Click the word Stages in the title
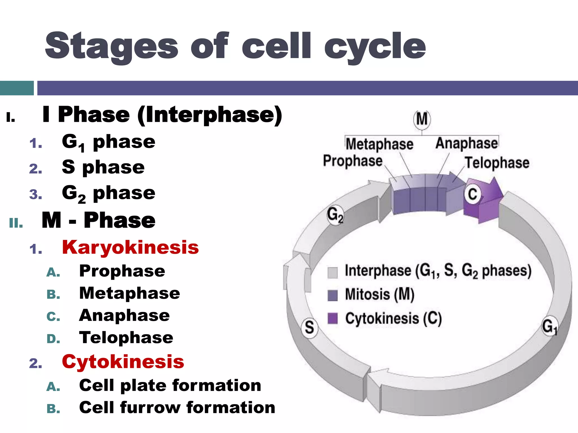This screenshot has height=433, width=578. pyautogui.click(x=111, y=47)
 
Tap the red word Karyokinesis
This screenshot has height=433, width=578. pyautogui.click(x=130, y=248)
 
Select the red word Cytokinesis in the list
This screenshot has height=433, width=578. pyautogui.click(x=123, y=362)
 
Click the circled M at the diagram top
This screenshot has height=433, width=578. pyautogui.click(x=422, y=119)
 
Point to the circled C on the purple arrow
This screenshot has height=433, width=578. pyautogui.click(x=472, y=194)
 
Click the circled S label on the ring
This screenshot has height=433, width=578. pyautogui.click(x=309, y=327)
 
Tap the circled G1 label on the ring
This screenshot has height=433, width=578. pyautogui.click(x=549, y=326)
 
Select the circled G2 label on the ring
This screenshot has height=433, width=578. pyautogui.click(x=335, y=215)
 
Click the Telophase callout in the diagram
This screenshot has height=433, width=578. pyautogui.click(x=497, y=163)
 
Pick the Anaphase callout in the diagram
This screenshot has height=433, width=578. pyautogui.click(x=467, y=143)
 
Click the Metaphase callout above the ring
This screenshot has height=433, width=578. pyautogui.click(x=379, y=144)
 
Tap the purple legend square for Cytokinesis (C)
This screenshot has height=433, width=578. pyautogui.click(x=332, y=319)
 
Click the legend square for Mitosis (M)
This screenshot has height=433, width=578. pyautogui.click(x=332, y=295)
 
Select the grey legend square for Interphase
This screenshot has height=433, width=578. pyautogui.click(x=332, y=272)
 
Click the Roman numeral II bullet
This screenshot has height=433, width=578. pyautogui.click(x=16, y=223)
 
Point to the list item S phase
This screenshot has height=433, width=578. pyautogui.click(x=103, y=167)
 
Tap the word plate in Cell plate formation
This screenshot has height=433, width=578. pyautogui.click(x=139, y=386)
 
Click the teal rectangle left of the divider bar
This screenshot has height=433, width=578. pyautogui.click(x=17, y=88)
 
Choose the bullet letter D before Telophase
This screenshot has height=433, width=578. pyautogui.click(x=53, y=339)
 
